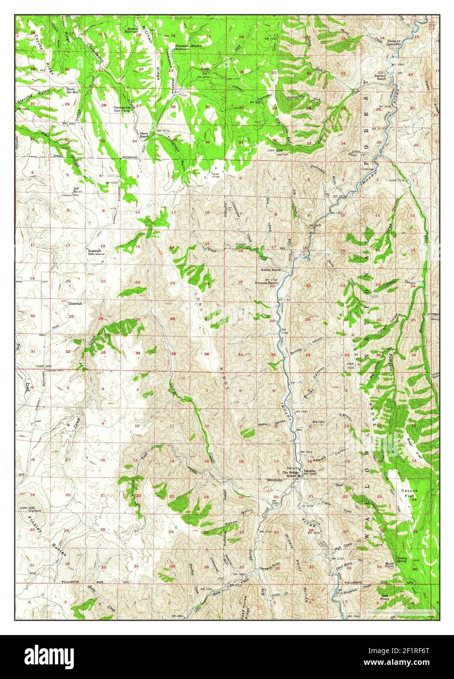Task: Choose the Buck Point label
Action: coord(389,565)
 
